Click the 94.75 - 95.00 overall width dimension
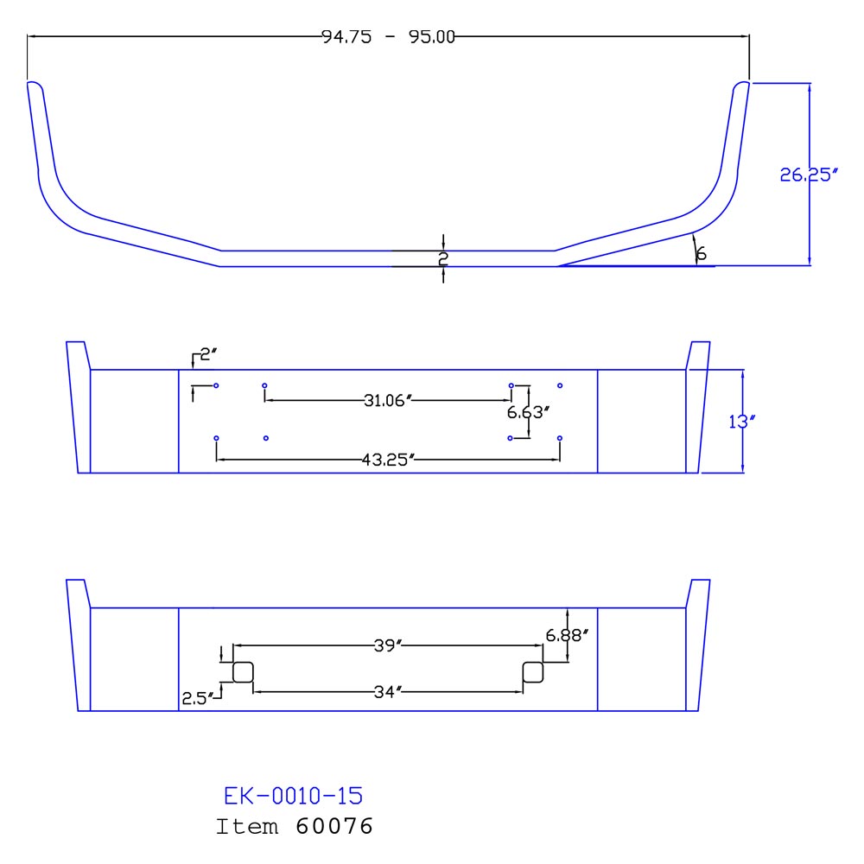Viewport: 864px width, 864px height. pos(388,36)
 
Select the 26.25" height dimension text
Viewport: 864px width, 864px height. pos(810,175)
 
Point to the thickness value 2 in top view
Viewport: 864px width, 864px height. pos(443,257)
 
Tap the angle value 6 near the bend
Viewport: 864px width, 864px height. pos(701,254)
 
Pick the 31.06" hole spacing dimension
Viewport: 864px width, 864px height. pos(387,400)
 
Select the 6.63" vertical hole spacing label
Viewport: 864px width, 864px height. pos(529,412)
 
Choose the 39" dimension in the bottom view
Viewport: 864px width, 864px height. pos(389,645)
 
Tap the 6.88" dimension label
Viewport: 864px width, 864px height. pos(567,635)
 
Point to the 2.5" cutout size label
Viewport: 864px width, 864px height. pos(196,696)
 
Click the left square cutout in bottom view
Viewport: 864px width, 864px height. pos(243,672)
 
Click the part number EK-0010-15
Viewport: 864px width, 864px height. pos(294,795)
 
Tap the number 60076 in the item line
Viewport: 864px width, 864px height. pos(334,827)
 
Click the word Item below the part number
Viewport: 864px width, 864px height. pos(247,827)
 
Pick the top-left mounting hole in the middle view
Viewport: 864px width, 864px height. pos(216,384)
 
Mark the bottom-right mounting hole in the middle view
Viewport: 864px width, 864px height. pos(560,438)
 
